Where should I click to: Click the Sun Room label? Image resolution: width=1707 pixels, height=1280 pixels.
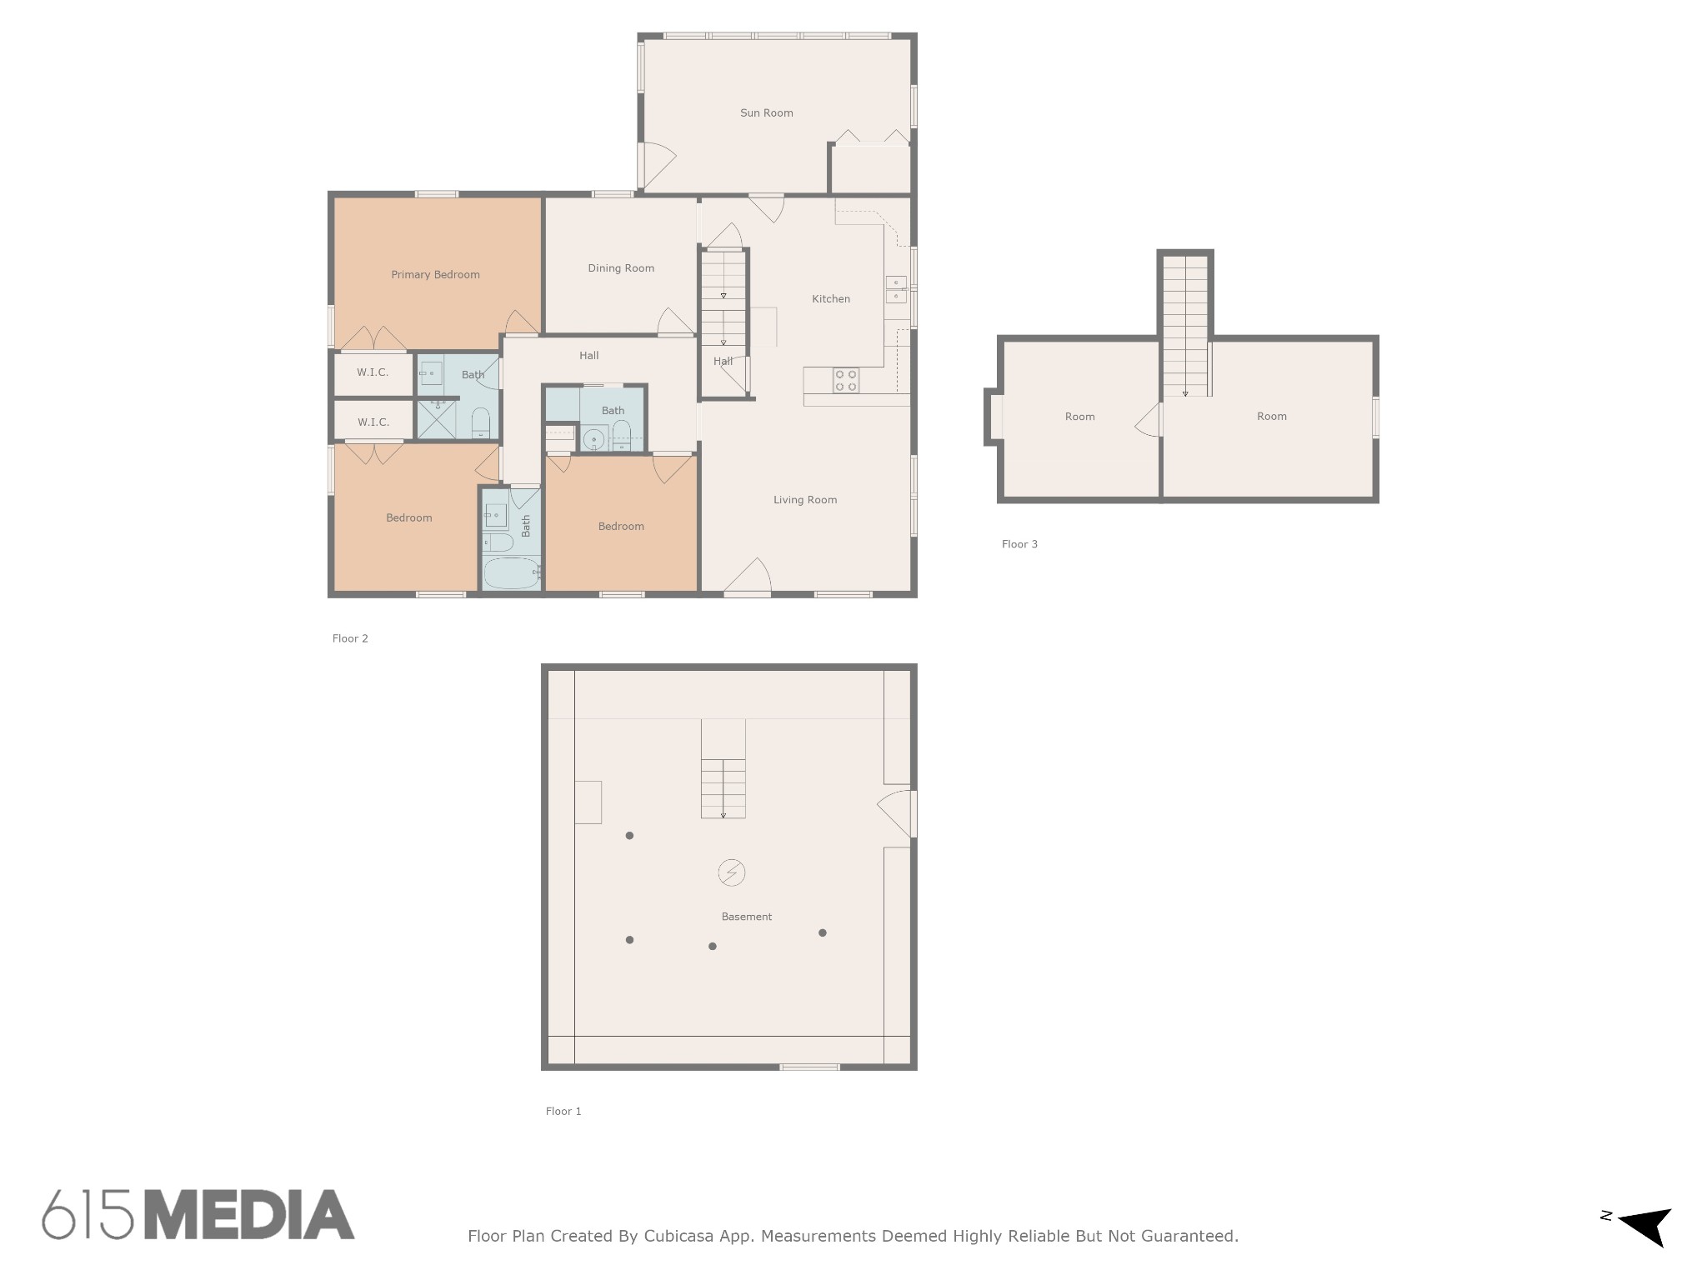pos(766,112)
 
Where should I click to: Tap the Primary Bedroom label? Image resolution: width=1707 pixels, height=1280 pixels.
pos(435,274)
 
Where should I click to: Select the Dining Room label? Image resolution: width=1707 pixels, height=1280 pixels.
pos(621,267)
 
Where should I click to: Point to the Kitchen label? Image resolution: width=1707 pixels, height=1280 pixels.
pos(831,298)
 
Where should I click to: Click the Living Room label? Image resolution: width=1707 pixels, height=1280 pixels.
pos(804,500)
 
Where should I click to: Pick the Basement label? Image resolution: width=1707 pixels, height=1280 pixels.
pos(746,917)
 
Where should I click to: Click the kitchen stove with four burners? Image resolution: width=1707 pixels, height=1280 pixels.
pos(846,380)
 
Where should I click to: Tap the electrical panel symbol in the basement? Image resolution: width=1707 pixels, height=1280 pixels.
pos(731,872)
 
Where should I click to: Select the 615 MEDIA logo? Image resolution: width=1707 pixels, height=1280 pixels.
pos(198,1214)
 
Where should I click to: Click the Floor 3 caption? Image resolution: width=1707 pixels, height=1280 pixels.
pos(1019,544)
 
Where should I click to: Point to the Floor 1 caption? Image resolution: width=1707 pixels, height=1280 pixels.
pos(563,1111)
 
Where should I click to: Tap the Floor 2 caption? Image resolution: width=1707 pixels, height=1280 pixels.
pos(350,638)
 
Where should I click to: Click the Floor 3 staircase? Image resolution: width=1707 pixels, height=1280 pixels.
pos(1185,326)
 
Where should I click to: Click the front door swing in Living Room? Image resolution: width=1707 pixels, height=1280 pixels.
pos(748,576)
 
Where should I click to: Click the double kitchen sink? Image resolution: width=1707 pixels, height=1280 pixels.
pos(896,289)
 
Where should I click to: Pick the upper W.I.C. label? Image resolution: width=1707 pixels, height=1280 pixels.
pos(373,372)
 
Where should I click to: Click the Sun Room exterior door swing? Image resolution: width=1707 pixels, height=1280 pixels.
pos(658,164)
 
